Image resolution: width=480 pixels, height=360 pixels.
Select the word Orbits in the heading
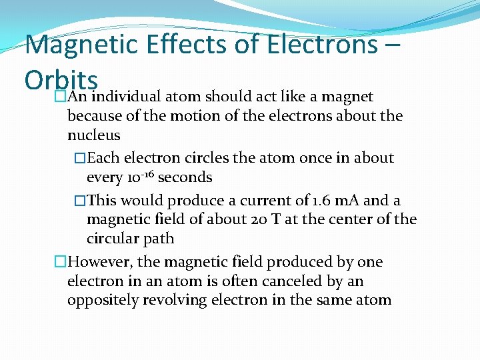click(61, 80)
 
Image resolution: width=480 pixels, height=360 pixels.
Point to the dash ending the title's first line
click(392, 45)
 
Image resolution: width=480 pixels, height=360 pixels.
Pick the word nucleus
click(94, 135)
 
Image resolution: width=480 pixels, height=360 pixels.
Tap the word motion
click(165, 116)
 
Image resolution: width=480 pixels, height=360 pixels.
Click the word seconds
click(185, 178)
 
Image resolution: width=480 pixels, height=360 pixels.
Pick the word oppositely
click(100, 301)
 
